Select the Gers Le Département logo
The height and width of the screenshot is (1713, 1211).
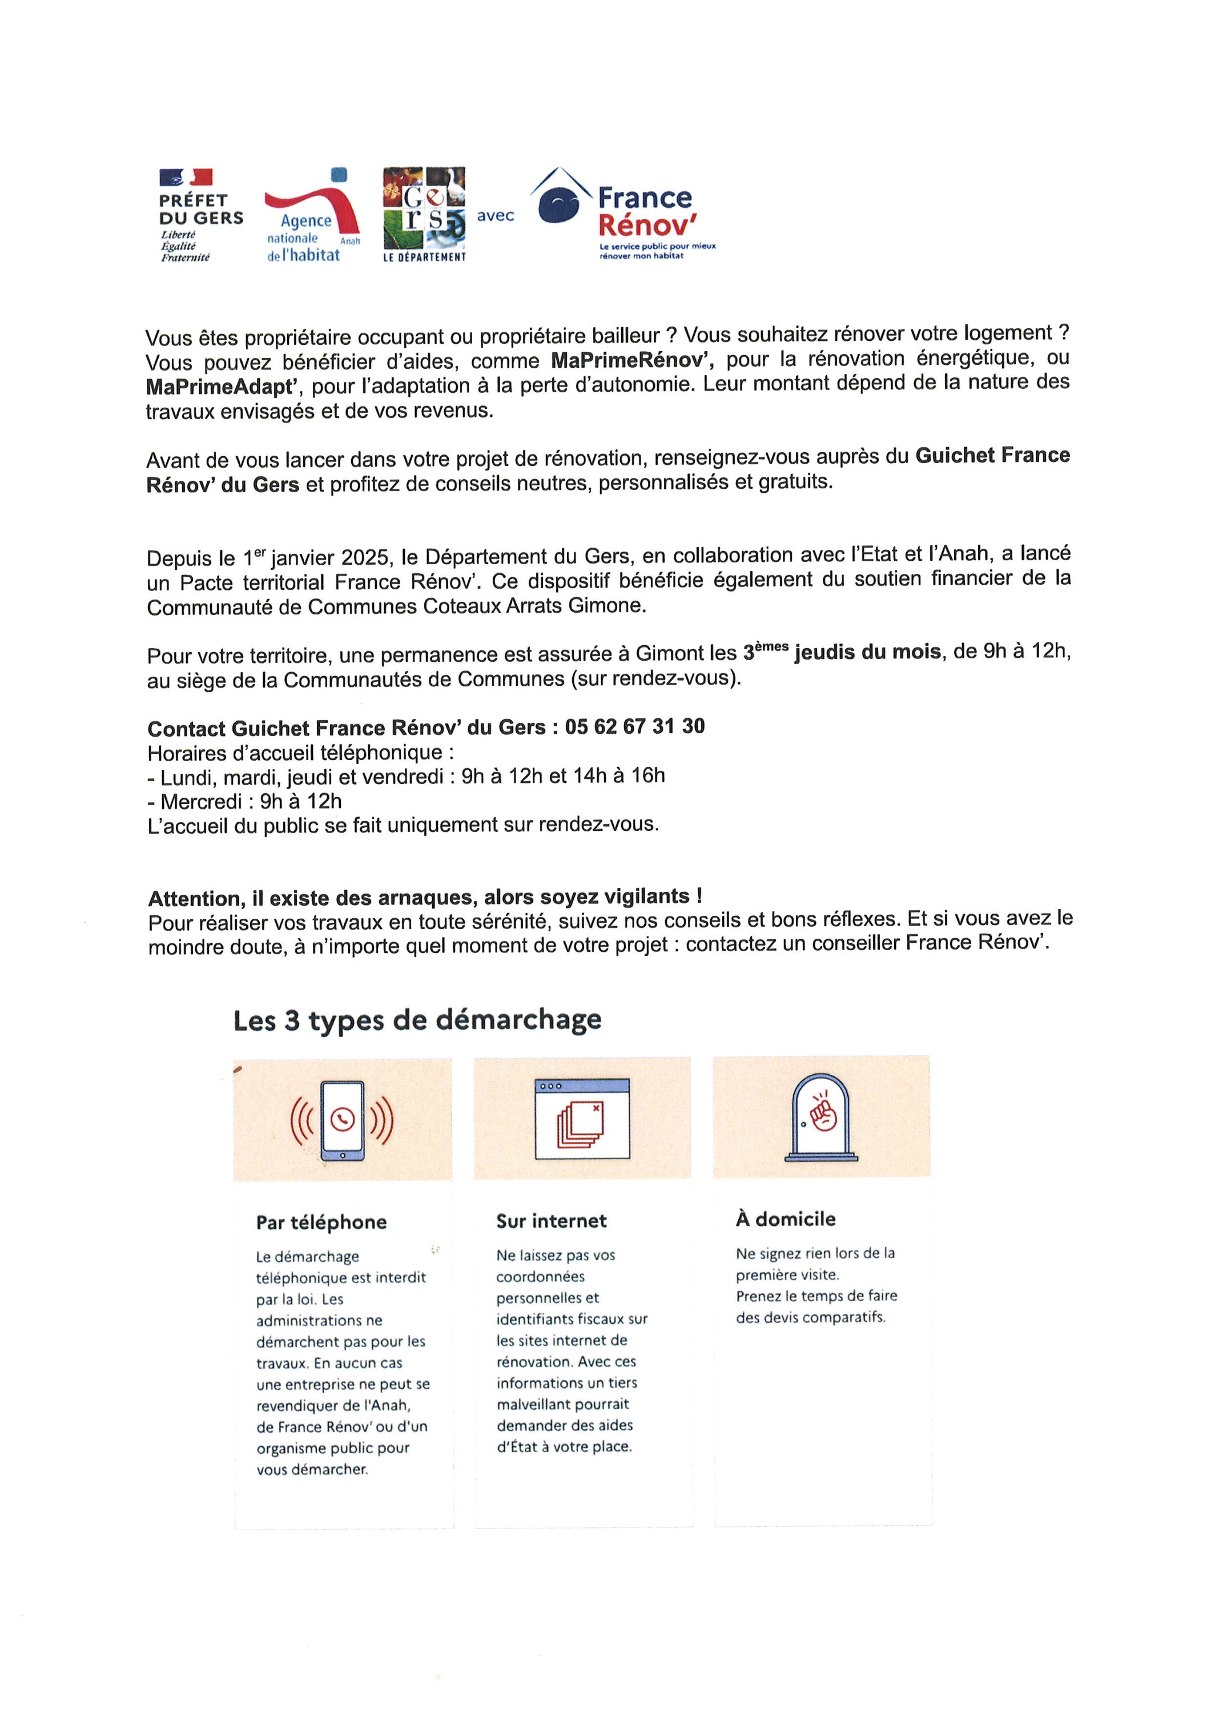pos(424,214)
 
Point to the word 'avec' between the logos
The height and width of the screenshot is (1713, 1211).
pos(496,216)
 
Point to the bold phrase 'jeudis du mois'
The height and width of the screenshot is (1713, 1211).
pos(867,652)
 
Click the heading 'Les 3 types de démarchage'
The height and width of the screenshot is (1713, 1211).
pos(417,1020)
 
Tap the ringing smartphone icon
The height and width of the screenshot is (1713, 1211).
pos(343,1121)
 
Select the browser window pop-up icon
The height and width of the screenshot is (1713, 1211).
pos(582,1119)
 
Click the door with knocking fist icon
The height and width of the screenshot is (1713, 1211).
pos(822,1117)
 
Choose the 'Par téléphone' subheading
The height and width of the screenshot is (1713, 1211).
pos(321,1222)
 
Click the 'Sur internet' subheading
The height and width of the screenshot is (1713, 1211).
pos(552,1221)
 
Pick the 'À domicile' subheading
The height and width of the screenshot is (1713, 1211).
pos(786,1219)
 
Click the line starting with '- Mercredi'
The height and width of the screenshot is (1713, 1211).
pos(245,801)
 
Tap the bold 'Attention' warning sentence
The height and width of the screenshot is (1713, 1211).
pos(425,897)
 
